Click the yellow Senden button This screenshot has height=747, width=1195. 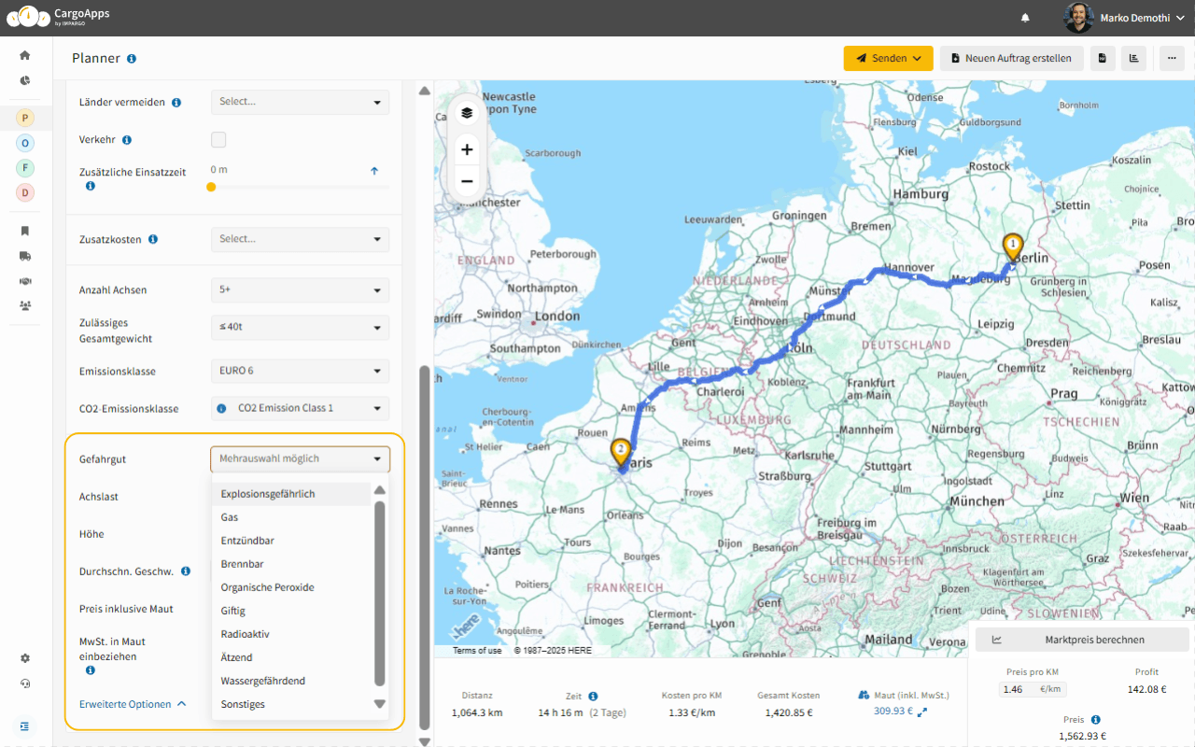tap(888, 58)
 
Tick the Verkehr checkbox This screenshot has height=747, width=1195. tap(218, 140)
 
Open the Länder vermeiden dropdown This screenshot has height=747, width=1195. tap(300, 102)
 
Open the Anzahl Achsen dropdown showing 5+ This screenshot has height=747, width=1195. tap(300, 290)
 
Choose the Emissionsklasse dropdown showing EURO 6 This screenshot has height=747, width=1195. tap(300, 371)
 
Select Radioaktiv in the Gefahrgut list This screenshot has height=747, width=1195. tap(245, 634)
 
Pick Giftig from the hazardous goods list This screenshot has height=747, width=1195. tap(233, 611)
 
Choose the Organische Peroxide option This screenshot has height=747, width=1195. tap(267, 587)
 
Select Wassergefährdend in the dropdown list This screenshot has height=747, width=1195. tap(262, 681)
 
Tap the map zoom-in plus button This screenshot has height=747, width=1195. tap(467, 149)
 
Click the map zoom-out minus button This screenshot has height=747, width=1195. tap(467, 181)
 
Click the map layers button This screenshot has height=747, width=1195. tap(467, 113)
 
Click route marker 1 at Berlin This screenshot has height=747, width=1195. tap(1013, 246)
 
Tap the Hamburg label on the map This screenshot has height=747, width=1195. tap(921, 194)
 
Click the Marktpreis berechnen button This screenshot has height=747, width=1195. tap(1081, 640)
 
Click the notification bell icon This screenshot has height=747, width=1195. tap(1025, 18)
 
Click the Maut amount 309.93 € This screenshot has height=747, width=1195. tap(893, 712)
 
